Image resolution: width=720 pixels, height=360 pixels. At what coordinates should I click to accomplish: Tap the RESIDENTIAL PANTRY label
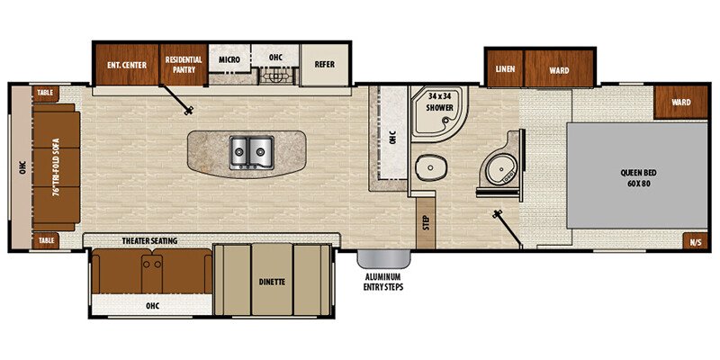[x=184, y=64]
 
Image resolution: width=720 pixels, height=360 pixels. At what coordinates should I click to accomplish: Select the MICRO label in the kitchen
[x=229, y=59]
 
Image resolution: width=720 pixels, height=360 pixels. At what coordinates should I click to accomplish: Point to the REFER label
[x=324, y=64]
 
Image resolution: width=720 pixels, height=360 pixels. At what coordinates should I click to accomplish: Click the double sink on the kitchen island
[x=250, y=150]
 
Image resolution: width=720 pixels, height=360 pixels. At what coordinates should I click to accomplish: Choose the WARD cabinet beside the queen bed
[x=680, y=103]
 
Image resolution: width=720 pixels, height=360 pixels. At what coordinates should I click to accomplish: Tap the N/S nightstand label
[x=695, y=241]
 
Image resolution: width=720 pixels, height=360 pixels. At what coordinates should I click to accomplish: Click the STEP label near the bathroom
[x=425, y=222]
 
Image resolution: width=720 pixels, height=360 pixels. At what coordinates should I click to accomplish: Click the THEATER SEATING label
[x=149, y=240]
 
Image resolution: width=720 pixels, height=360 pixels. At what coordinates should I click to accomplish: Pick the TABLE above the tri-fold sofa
[x=45, y=93]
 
